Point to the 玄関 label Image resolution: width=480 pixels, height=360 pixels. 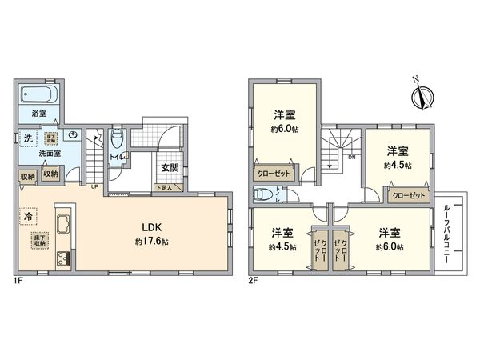169,168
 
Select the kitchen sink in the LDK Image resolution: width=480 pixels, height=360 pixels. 62,222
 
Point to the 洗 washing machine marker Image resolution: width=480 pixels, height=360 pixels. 28,138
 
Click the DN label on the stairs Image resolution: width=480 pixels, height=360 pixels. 350,158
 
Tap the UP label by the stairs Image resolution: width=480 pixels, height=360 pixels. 95,186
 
